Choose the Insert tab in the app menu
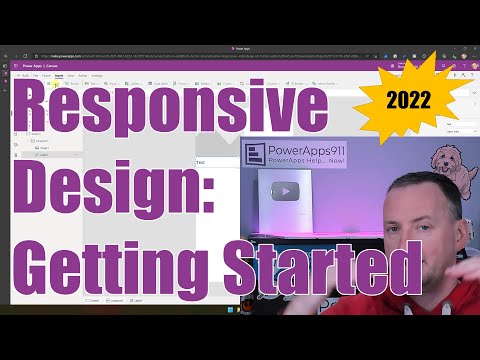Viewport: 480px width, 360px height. click(x=61, y=74)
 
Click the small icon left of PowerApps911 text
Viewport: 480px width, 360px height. click(x=254, y=157)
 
